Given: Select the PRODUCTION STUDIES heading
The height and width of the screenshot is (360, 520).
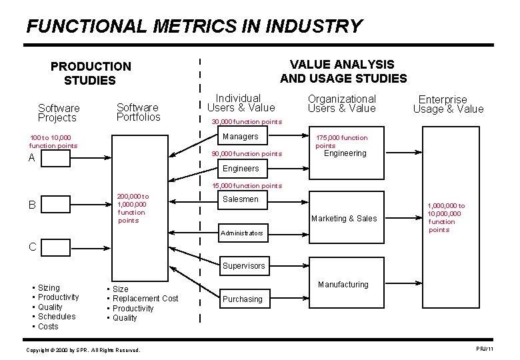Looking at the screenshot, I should point(91,73).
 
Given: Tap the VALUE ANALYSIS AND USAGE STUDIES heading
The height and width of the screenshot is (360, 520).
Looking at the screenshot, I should point(343,71).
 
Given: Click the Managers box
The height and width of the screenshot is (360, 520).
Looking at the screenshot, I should point(240,137).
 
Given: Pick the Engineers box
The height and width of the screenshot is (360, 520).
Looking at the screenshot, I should point(241,169).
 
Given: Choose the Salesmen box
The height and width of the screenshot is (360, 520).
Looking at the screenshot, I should point(240,199).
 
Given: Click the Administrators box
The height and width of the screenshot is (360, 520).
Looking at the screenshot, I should point(243,233).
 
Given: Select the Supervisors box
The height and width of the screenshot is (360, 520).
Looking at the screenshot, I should point(243,266).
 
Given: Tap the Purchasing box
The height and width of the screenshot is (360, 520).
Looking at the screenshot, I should point(242,299).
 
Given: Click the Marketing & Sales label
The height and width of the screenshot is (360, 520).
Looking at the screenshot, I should point(344,219).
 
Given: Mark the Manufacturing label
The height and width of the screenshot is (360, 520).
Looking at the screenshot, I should point(343,285).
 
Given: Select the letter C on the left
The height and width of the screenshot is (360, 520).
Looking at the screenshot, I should point(32,247).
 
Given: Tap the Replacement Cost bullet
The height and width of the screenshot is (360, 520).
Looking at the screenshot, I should point(145,299).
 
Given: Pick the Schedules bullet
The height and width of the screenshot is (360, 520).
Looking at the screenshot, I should point(57,317).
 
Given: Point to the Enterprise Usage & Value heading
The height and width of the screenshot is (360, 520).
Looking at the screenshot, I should point(448,104).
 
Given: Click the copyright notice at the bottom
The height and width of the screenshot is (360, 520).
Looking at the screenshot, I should point(83,350).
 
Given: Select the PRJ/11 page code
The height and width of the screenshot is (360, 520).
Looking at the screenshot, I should point(485,349).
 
